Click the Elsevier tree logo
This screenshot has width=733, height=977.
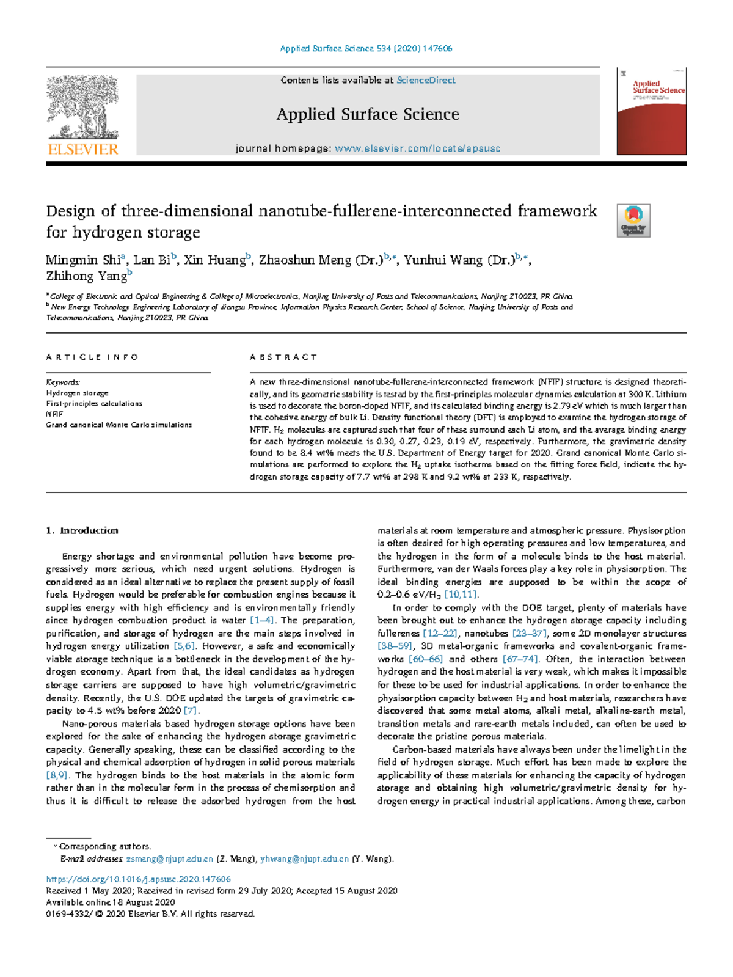point(82,110)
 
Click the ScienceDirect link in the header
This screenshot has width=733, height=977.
point(426,80)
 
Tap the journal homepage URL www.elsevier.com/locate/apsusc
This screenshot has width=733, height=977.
point(417,148)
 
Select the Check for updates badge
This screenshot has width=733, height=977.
point(633,221)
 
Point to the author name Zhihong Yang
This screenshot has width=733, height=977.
point(86,276)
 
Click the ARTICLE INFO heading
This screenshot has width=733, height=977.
point(92,357)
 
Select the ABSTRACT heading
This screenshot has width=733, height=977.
point(283,357)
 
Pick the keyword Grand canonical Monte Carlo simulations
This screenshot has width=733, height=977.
point(119,425)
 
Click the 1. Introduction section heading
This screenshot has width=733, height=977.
point(82,530)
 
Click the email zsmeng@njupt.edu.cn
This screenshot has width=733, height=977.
point(169,859)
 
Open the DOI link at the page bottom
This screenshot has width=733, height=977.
point(139,879)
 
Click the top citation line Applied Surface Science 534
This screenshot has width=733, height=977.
point(366,48)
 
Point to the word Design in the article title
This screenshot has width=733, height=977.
point(71,211)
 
